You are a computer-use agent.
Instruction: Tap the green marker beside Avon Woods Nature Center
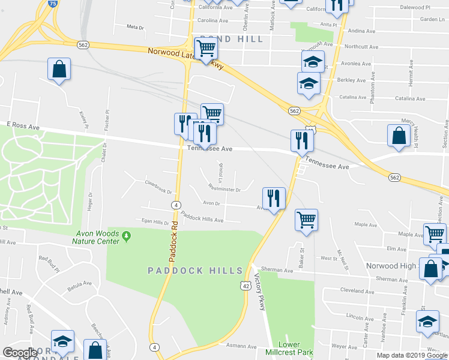click(x=126, y=238)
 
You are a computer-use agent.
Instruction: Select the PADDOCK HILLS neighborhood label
click(x=195, y=271)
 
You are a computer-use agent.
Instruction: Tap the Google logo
click(x=20, y=353)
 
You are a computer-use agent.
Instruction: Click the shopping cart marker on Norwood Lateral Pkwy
click(x=206, y=48)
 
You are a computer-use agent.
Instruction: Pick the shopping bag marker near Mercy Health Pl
click(x=399, y=136)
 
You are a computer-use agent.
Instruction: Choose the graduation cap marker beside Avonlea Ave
click(x=312, y=62)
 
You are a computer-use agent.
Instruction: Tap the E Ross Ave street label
click(x=23, y=127)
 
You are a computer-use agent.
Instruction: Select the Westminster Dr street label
click(x=224, y=190)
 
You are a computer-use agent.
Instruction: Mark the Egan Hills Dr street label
click(x=155, y=222)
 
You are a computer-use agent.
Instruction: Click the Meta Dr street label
click(x=136, y=27)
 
